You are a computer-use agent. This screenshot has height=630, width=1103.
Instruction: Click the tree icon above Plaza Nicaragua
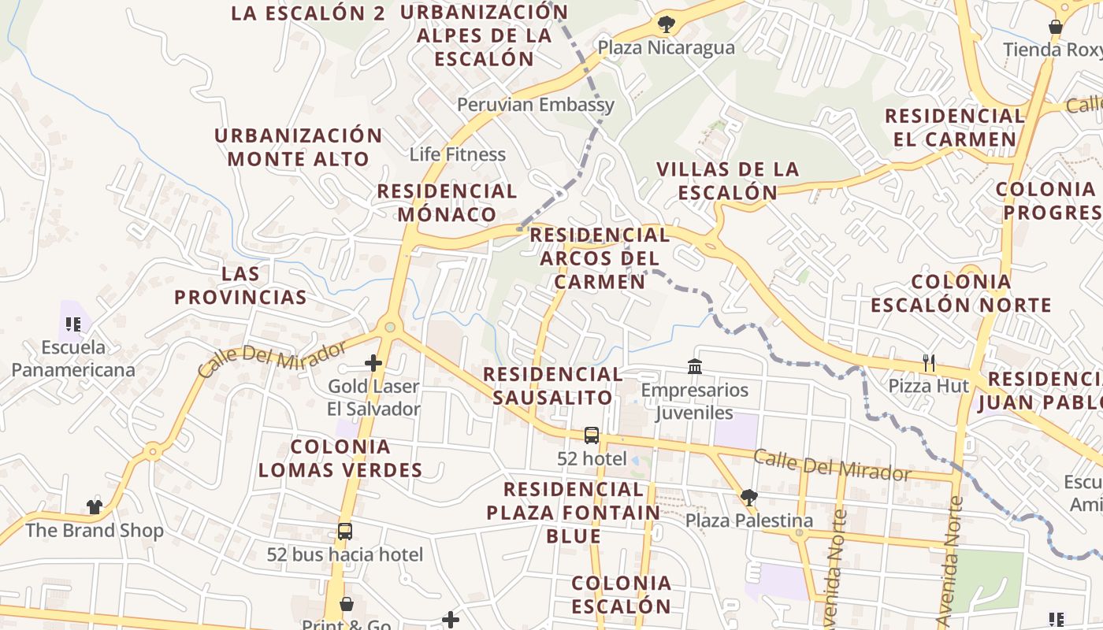[x=667, y=24]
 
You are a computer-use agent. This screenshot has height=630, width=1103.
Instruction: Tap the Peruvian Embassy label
[x=535, y=105]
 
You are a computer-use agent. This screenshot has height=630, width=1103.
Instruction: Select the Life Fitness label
[x=457, y=154]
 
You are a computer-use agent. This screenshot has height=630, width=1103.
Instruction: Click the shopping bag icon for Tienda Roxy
[x=1056, y=27]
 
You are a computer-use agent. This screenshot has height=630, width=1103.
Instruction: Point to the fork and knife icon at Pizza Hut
[x=930, y=363]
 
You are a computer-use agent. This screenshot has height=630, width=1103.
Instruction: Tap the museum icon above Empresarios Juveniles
[x=695, y=366]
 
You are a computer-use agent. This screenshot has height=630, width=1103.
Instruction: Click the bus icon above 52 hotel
[x=591, y=435]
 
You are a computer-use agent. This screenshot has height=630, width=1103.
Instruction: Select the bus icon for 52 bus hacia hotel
[x=344, y=531]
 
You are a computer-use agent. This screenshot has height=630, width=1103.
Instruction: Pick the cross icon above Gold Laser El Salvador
[x=373, y=363]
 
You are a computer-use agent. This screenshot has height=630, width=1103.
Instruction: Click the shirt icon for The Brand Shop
[x=95, y=506]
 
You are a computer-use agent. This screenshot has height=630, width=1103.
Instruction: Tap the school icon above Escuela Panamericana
[x=73, y=324]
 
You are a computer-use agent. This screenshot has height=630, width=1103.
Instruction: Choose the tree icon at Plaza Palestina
[x=748, y=497]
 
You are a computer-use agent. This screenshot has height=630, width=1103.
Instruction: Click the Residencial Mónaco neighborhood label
[x=447, y=202]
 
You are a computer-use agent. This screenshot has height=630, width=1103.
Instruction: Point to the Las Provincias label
[x=240, y=285]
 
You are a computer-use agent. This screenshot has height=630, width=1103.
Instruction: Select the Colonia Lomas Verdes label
[x=340, y=458]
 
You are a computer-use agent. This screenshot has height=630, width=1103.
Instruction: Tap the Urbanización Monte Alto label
[x=299, y=146]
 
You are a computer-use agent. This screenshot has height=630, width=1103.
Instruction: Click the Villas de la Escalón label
[x=727, y=180]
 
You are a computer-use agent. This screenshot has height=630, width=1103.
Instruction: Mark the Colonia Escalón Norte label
[x=960, y=293]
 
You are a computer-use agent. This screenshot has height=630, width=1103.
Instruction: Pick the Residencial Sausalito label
[x=553, y=385]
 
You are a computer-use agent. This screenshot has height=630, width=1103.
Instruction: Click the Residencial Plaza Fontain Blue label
[x=574, y=513]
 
